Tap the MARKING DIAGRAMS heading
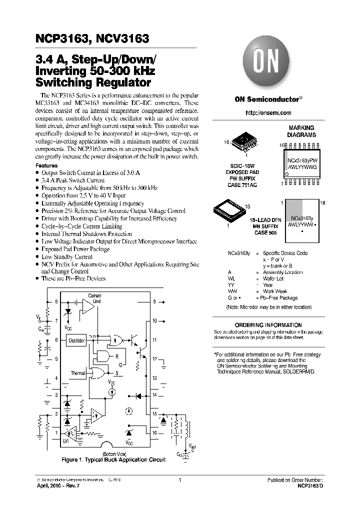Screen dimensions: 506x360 tap(301, 131)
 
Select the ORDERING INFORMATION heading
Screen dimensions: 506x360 tap(268, 325)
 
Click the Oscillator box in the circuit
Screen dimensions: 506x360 tap(74, 340)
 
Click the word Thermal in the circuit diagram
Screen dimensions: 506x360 tap(78, 373)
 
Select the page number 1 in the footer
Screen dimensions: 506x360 tap(179, 480)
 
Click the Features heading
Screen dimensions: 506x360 tap(46, 165)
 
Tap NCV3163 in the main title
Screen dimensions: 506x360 tap(120, 38)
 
